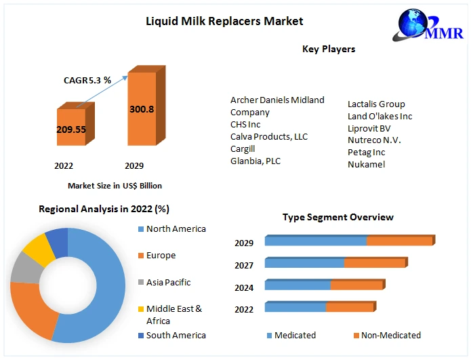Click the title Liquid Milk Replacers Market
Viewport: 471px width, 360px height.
coord(224,21)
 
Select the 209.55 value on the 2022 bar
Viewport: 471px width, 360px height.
coord(71,129)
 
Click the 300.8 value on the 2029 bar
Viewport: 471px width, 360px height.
coord(142,108)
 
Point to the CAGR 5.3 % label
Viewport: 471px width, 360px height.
coord(87,81)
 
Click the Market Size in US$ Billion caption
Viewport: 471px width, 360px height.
coord(115,185)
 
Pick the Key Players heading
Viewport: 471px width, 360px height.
coord(329,49)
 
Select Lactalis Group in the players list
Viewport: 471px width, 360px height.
coord(376,104)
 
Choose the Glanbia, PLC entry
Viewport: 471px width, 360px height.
coord(255,161)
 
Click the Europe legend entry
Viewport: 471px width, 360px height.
coord(161,256)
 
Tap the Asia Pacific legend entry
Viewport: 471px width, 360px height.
coord(168,282)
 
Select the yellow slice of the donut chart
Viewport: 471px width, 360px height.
coord(38,249)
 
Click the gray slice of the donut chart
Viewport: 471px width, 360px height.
coord(25,268)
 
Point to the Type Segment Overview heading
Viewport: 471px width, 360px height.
coord(337,217)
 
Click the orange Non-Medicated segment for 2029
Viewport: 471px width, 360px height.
coord(399,241)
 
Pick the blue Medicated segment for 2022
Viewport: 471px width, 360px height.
coord(295,308)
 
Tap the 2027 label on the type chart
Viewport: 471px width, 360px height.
coord(244,265)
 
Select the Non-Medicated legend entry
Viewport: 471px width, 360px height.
coord(390,335)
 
